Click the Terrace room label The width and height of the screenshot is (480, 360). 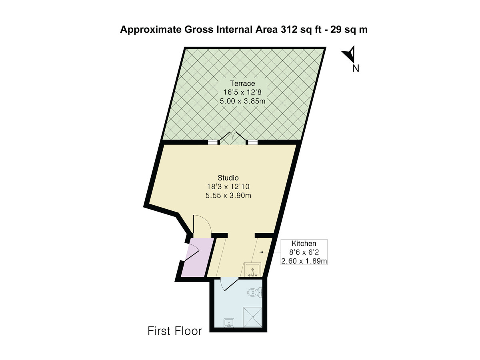[242, 84]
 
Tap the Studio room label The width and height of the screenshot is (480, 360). [228, 178]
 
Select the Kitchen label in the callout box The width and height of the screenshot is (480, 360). [304, 244]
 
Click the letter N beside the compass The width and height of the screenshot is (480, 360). [356, 69]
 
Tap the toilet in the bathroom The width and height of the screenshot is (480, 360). [254, 292]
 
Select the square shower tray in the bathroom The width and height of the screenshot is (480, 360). [252, 317]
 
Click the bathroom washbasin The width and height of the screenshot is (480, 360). [229, 322]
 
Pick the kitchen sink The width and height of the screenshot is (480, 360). [252, 269]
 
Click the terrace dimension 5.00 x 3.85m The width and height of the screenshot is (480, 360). [242, 101]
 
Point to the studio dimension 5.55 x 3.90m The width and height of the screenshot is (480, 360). [228, 195]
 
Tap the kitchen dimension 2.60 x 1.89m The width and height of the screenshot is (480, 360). [304, 261]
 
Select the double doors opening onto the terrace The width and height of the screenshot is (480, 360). [233, 138]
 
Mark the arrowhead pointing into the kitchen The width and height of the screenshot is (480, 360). [261, 252]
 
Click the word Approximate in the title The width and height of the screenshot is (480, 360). [151, 30]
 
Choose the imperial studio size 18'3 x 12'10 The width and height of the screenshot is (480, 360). [228, 186]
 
